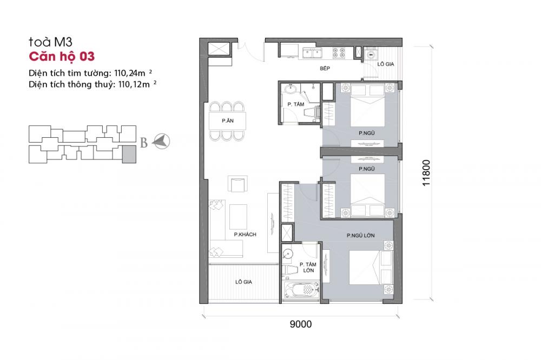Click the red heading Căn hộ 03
tap(62, 56)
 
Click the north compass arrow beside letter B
tap(162, 142)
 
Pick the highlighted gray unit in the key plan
tap(129, 154)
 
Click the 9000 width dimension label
tap(301, 324)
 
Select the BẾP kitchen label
tap(325, 69)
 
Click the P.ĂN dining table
tap(227, 121)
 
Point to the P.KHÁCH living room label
tap(245, 234)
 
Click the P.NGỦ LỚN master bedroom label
tap(361, 235)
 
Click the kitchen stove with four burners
tap(341, 53)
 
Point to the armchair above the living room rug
tap(237, 184)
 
